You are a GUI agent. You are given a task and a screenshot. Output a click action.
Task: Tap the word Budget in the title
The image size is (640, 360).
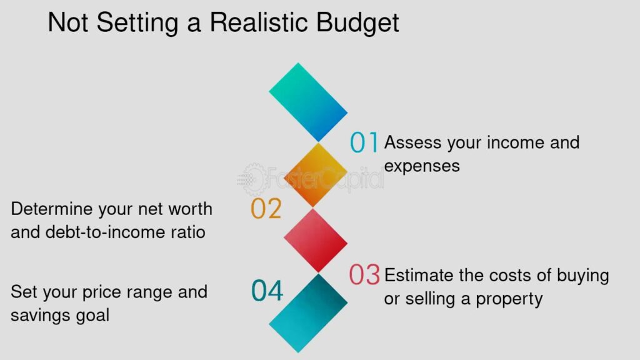click(357, 24)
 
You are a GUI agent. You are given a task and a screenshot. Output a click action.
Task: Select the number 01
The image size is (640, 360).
click(364, 142)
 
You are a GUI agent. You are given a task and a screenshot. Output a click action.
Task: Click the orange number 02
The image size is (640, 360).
click(266, 209)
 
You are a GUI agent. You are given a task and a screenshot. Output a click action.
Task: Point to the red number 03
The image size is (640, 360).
click(364, 275)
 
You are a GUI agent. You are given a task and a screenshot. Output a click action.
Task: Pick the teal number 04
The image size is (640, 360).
click(267, 291)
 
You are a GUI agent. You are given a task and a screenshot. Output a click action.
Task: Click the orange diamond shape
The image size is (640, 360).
click(316, 175)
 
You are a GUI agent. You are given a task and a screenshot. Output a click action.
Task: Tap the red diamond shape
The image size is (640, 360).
click(316, 241)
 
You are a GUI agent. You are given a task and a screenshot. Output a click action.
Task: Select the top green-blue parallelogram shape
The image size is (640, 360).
click(308, 102)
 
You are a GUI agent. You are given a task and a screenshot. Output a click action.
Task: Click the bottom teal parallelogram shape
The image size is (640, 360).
click(308, 313)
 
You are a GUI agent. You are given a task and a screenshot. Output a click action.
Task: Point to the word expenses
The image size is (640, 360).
click(422, 166)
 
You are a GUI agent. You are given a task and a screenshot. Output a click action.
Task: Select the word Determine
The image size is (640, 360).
click(52, 209)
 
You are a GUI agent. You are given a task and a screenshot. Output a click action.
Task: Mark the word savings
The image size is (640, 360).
click(35, 316)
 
